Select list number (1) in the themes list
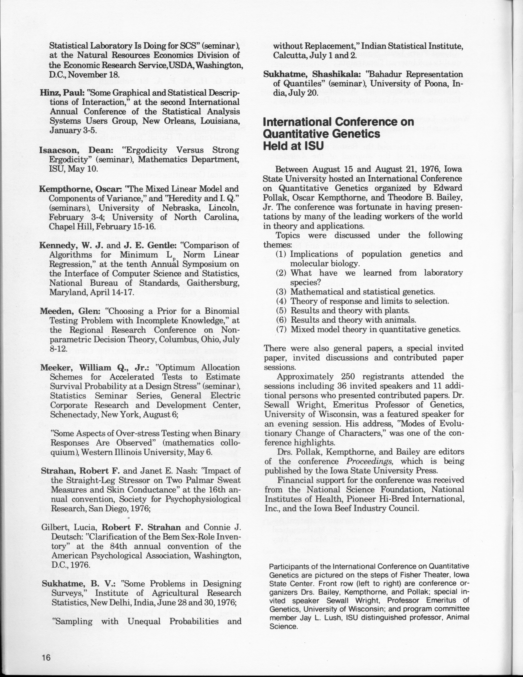281,254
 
